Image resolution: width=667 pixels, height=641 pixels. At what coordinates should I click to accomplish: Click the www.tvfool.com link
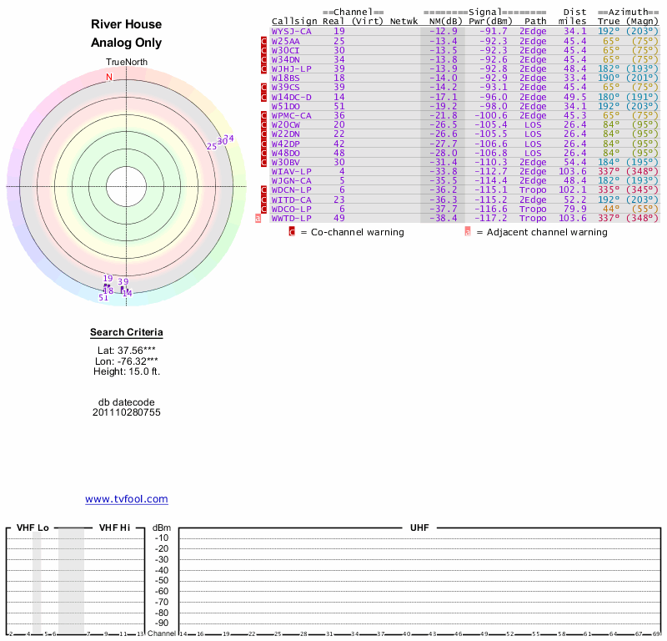coord(126,499)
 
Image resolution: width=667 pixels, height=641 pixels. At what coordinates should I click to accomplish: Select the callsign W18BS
coord(285,78)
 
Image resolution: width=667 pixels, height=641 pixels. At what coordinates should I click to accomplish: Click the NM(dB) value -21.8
coord(444,115)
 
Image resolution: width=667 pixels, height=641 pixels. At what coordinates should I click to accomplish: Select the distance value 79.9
coord(575,209)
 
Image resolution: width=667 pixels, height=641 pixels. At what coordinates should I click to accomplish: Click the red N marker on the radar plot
coord(108,78)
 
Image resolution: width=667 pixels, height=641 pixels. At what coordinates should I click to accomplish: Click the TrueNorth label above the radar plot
coord(126,63)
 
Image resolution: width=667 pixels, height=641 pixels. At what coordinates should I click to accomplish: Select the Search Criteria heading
coord(126,333)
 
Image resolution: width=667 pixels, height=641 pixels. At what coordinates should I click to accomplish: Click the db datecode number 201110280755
coord(126,412)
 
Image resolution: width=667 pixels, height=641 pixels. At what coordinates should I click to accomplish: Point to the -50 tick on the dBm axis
coord(161,569)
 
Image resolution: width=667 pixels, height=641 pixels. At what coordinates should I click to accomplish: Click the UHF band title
coord(419,528)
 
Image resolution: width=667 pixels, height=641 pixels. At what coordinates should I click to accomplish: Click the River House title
coord(126,25)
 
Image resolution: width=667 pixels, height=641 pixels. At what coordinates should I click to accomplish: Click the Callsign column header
coord(294,21)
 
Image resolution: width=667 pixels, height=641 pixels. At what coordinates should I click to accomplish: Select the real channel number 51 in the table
coord(339,106)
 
